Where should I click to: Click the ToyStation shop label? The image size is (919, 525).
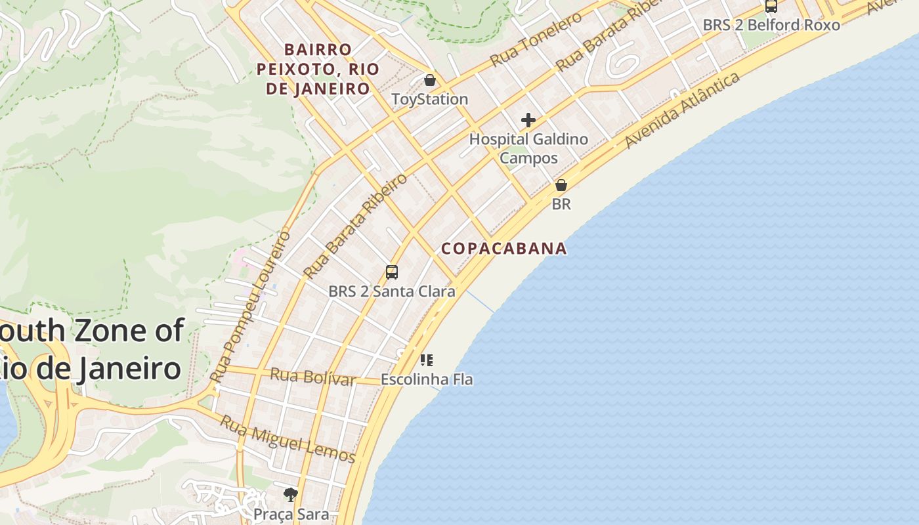click(x=429, y=99)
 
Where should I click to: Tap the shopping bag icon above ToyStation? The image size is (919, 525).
click(x=429, y=80)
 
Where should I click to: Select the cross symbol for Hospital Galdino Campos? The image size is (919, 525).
click(x=528, y=120)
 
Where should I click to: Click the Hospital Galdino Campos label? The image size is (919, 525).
click(x=528, y=148)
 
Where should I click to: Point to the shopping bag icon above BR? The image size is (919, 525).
click(x=561, y=185)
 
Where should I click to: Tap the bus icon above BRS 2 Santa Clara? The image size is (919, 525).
click(x=392, y=272)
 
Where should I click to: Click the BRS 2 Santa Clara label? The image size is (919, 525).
click(x=392, y=291)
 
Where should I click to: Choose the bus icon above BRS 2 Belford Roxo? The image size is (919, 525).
click(x=771, y=6)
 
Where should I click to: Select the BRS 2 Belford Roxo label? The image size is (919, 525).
click(x=771, y=25)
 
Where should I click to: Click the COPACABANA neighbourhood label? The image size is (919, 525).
click(x=504, y=248)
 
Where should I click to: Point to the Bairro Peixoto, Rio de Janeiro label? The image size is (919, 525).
click(x=318, y=69)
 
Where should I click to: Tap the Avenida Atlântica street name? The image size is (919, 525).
click(x=683, y=110)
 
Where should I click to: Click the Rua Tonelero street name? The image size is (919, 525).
click(x=536, y=38)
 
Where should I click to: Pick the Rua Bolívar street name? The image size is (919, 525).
click(x=314, y=377)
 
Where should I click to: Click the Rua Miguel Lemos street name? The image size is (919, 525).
click(x=288, y=439)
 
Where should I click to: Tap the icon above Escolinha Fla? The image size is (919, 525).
click(x=427, y=360)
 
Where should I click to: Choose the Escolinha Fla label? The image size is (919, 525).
click(x=427, y=379)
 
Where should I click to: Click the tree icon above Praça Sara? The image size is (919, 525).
click(x=291, y=494)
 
